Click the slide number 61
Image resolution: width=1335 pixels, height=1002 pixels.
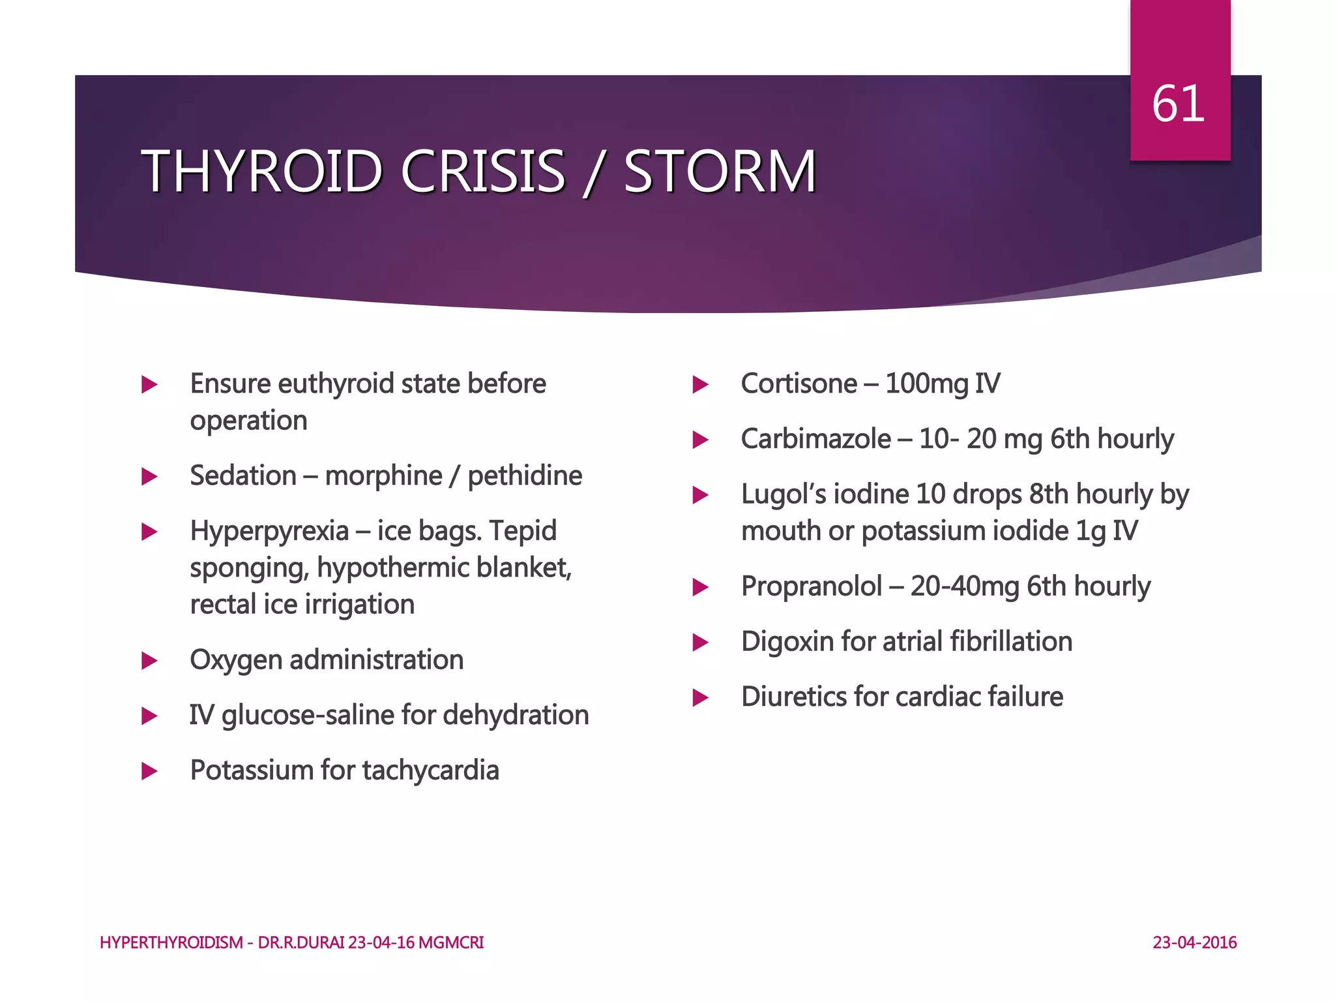click(1178, 104)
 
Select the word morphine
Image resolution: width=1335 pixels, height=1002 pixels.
click(383, 476)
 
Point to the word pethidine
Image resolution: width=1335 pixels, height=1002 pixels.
click(525, 476)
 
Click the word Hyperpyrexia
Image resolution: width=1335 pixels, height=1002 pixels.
click(269, 531)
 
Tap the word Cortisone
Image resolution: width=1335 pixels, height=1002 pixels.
click(799, 384)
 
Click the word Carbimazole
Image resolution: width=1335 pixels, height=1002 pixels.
click(815, 439)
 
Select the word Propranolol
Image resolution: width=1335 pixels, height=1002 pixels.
click(812, 586)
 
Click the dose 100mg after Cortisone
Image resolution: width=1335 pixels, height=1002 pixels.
click(926, 384)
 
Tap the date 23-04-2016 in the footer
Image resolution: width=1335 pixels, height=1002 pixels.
click(1194, 943)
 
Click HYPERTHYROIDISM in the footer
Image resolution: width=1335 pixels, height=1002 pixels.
click(171, 943)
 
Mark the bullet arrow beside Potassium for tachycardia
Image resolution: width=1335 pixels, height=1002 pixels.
click(149, 772)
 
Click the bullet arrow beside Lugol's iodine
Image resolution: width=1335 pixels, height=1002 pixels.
click(700, 495)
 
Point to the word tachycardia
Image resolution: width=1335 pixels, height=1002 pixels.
click(431, 770)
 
